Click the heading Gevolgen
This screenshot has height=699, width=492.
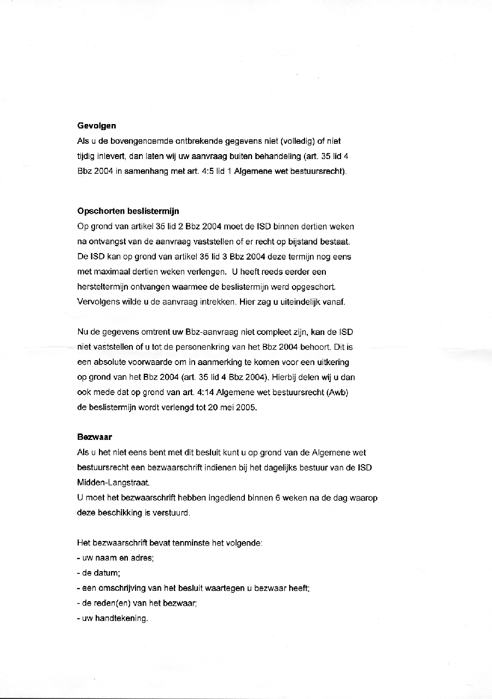click(97, 126)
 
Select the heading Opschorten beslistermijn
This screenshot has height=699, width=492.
click(128, 211)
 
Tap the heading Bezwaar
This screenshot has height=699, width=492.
click(95, 437)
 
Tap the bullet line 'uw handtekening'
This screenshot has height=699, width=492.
click(113, 619)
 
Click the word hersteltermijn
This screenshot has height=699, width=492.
click(102, 287)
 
